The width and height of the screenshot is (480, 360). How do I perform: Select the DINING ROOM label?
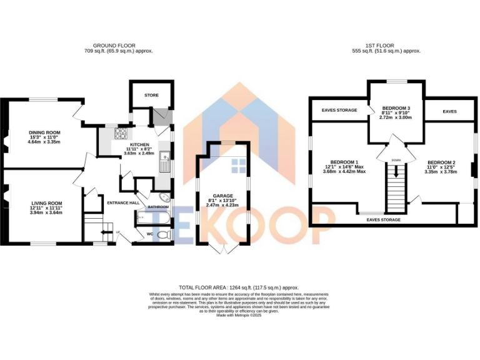(44, 132)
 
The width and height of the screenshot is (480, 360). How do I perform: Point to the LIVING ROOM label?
(47, 203)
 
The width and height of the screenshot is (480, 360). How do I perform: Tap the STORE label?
(151, 96)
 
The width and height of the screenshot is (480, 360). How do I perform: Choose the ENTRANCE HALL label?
(122, 202)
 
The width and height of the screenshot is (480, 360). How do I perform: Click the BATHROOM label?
(158, 207)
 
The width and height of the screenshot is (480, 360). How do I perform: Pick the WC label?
(149, 234)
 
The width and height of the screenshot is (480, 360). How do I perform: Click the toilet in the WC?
(164, 234)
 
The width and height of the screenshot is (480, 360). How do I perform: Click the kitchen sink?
(164, 159)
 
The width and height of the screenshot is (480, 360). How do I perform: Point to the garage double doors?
(223, 249)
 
